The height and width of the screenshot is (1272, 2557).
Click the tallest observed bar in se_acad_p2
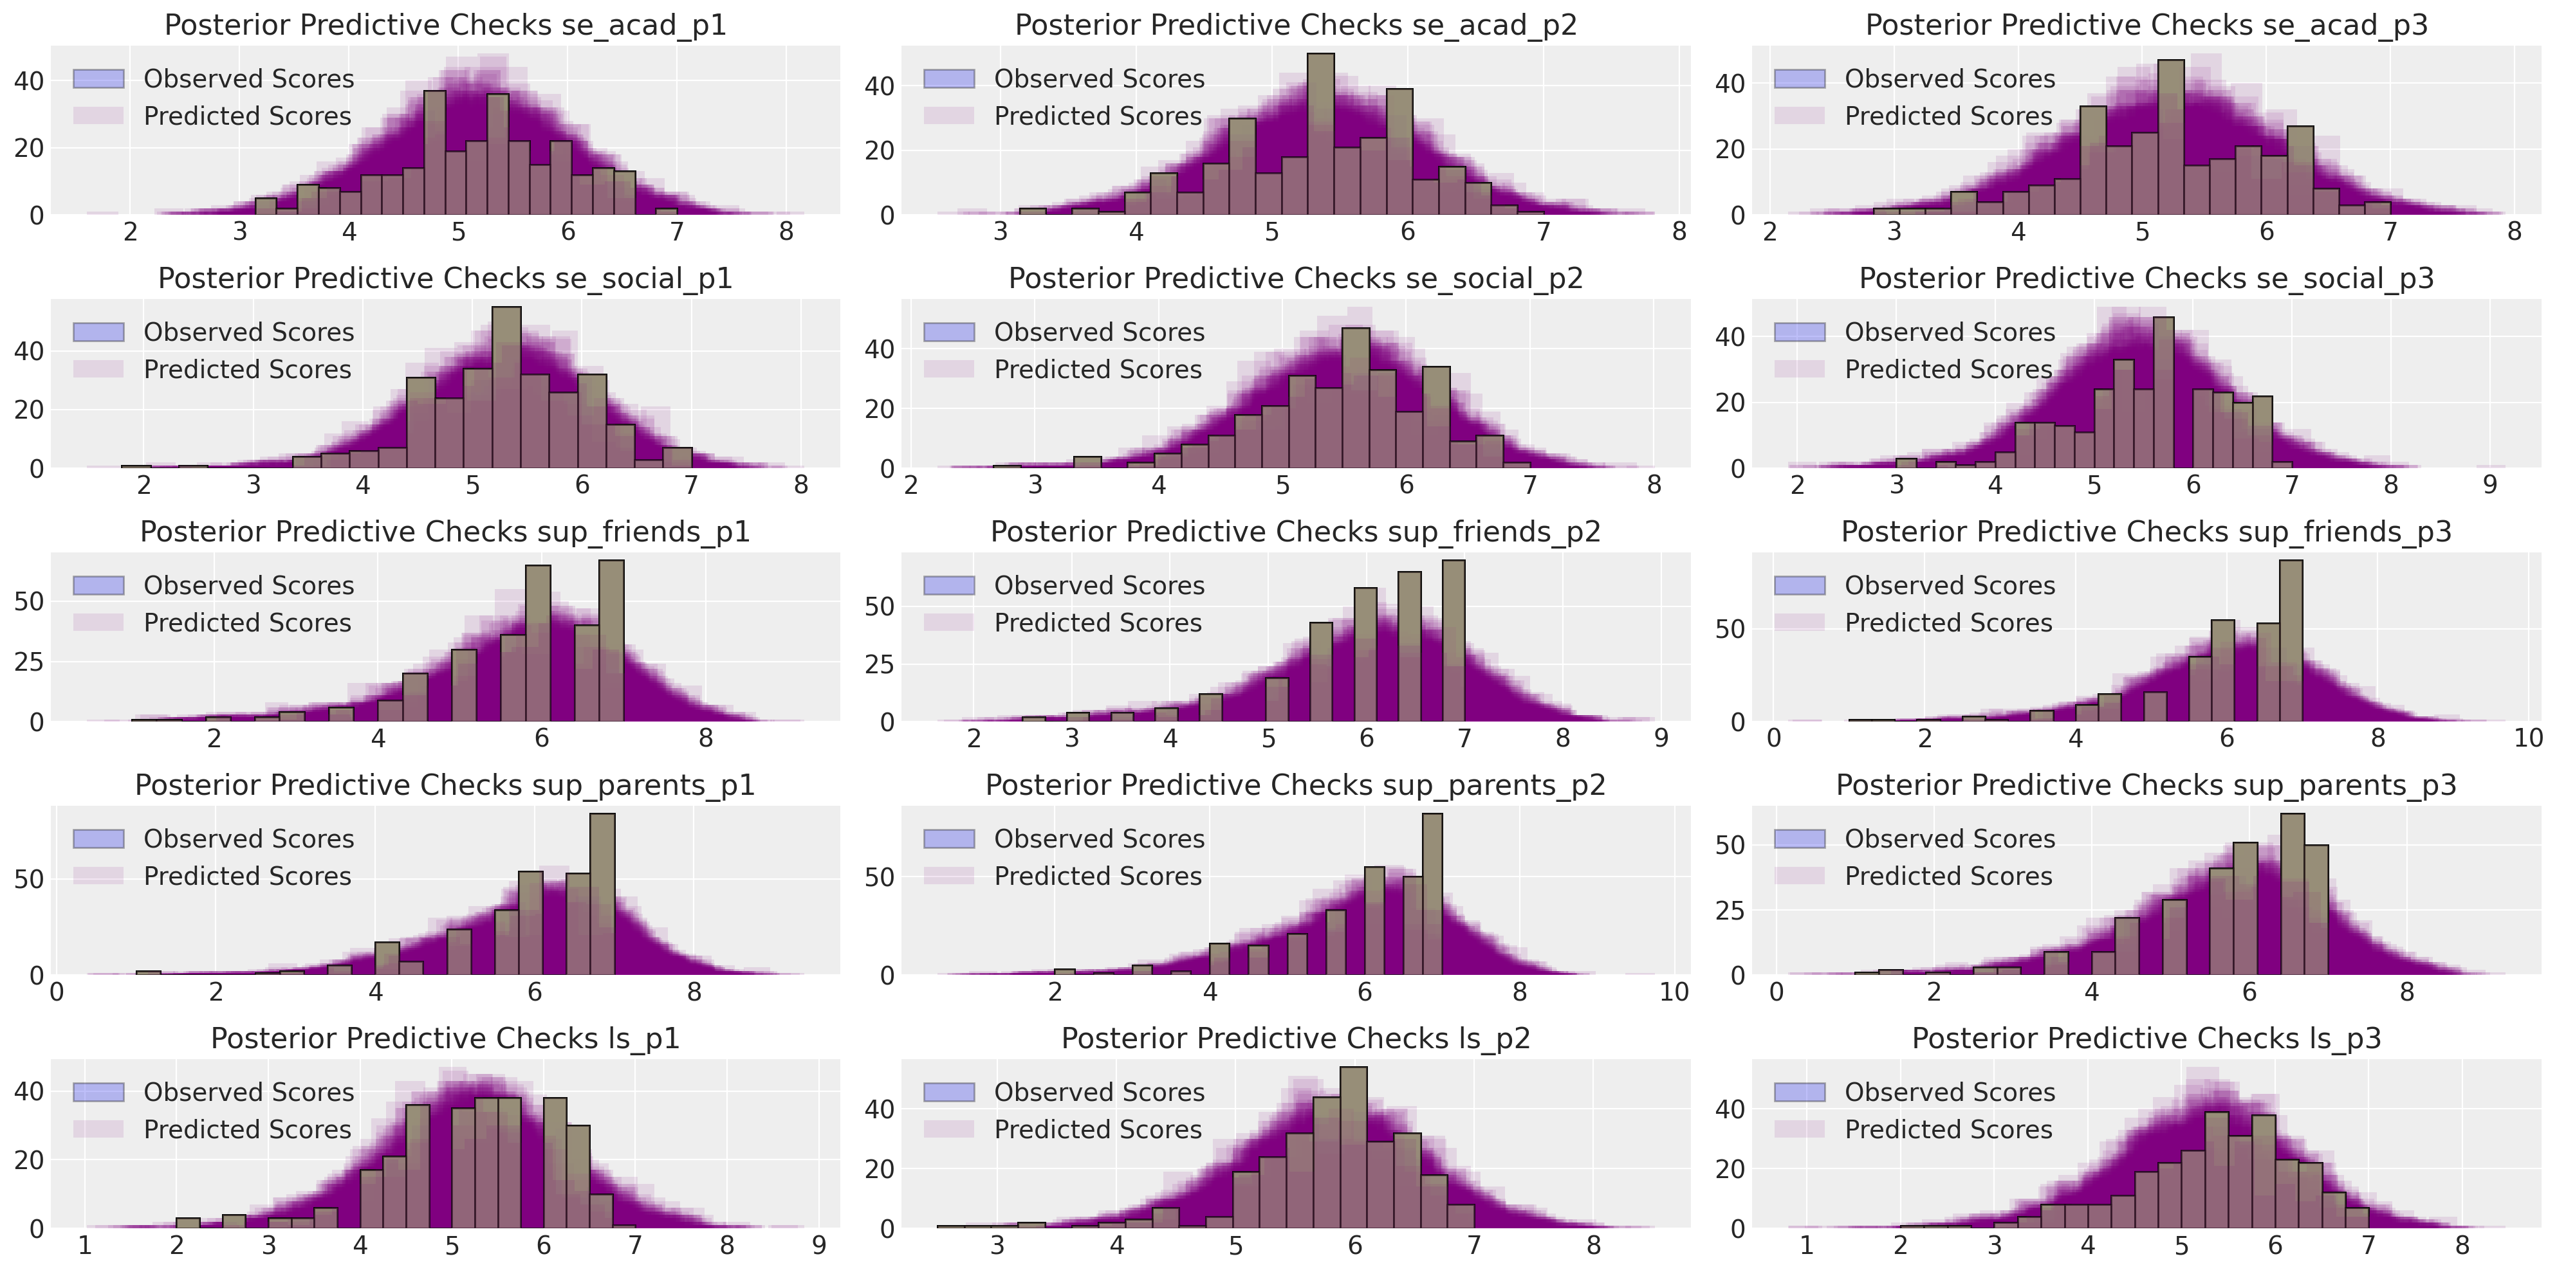(x=1320, y=134)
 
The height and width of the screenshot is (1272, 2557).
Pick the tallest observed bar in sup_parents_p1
(x=602, y=893)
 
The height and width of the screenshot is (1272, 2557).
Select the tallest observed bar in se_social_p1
(x=506, y=387)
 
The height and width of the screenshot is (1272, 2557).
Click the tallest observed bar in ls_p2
(x=1353, y=1146)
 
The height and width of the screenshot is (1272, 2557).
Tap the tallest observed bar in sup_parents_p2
(x=1432, y=893)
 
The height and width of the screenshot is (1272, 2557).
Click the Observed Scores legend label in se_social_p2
(x=1099, y=332)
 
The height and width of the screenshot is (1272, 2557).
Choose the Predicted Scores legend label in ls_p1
(x=247, y=1129)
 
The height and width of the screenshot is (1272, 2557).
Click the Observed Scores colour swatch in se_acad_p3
(x=1800, y=79)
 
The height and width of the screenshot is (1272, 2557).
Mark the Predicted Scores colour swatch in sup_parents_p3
(x=1800, y=876)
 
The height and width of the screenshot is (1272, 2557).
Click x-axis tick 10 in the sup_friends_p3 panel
(x=2529, y=739)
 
